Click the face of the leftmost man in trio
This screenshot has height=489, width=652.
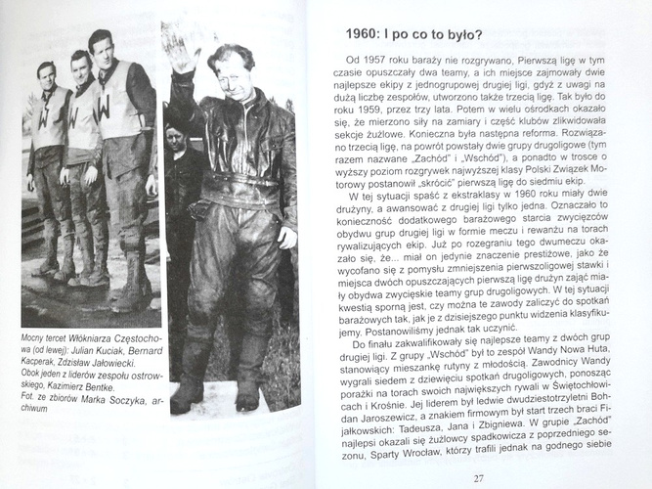[45, 73]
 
